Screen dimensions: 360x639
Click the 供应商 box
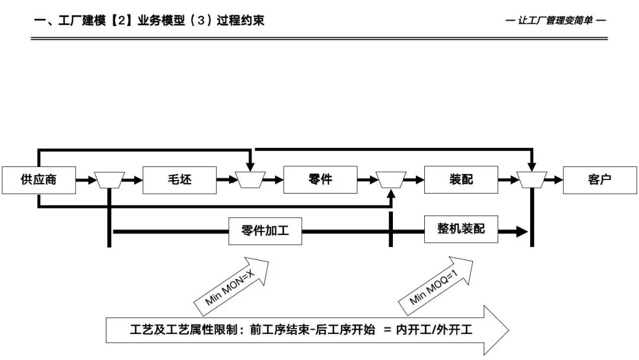click(38, 179)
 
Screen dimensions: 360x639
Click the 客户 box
click(599, 179)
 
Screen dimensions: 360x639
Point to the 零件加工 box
click(265, 230)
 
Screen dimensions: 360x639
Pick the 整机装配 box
click(461, 229)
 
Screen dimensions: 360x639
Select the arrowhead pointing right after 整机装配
click(521, 232)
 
